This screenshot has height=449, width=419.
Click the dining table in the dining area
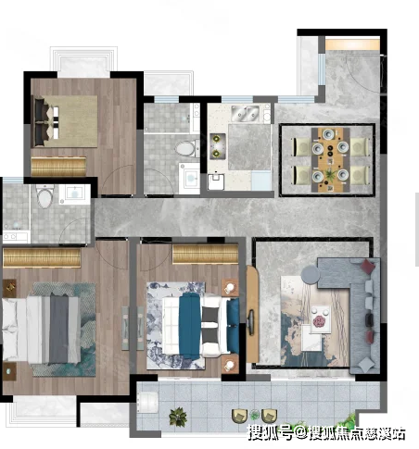[330, 160]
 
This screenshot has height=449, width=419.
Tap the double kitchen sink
[246, 113]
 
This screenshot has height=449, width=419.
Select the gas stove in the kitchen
[218, 146]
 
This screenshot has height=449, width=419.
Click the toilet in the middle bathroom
[187, 148]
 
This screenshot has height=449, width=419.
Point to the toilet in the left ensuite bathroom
[45, 196]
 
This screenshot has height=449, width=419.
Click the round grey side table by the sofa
[311, 274]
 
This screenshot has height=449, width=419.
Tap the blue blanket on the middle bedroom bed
[190, 325]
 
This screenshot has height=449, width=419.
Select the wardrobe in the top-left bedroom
[58, 167]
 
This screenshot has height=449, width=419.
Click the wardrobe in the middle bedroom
[205, 254]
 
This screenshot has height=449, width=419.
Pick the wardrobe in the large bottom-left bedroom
[42, 257]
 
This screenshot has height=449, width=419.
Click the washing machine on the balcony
[148, 402]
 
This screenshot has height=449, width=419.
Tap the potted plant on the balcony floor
[178, 417]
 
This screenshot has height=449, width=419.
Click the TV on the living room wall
[251, 322]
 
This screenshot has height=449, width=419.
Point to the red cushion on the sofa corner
[368, 267]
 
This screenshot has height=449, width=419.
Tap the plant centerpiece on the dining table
[330, 176]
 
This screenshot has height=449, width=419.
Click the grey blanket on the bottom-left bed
[59, 330]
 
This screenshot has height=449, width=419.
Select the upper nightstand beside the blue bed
[230, 288]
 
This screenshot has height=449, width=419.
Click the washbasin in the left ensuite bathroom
[74, 194]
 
